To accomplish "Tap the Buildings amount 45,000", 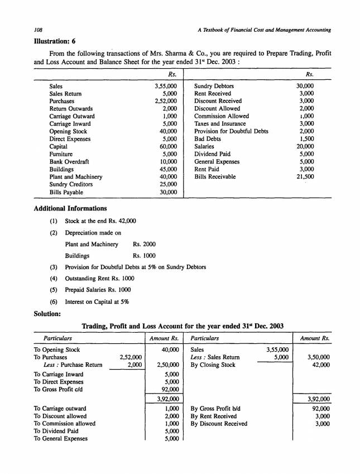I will (167, 169).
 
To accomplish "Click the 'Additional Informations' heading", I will (69, 208).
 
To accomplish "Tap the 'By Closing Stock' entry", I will (213, 365).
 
